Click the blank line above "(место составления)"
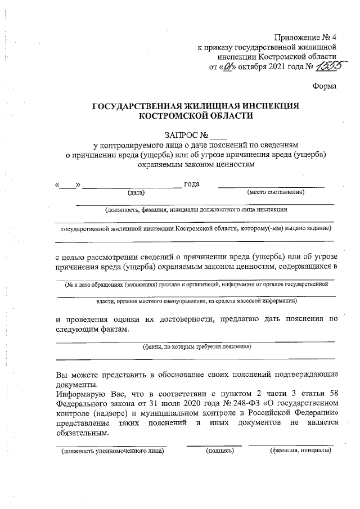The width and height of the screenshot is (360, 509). pos(271,186)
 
